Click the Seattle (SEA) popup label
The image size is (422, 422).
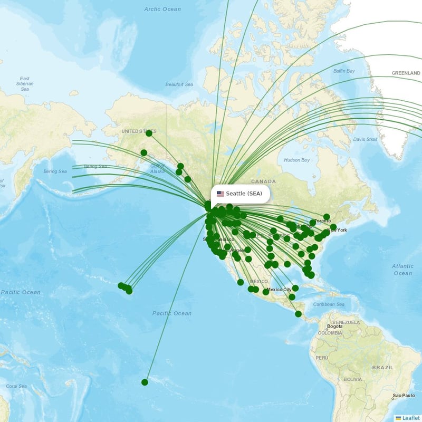tap(244, 194)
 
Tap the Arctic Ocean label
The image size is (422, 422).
tap(162, 9)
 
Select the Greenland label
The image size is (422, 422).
tap(406, 73)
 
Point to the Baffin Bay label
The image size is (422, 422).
tap(344, 71)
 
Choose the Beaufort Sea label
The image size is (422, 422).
tap(179, 84)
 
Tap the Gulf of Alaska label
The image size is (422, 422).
tap(158, 168)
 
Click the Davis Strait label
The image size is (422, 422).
tap(366, 139)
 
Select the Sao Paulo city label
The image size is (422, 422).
tap(404, 396)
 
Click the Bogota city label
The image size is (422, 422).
tap(335, 327)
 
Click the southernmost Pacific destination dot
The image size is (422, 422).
tap(145, 382)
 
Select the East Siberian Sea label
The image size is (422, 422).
tap(25, 84)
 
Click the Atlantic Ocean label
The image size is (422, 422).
tap(402, 270)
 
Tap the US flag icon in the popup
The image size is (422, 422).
tap(220, 194)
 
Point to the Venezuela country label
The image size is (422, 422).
tap(346, 322)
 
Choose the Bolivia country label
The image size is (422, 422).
tap(353, 379)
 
